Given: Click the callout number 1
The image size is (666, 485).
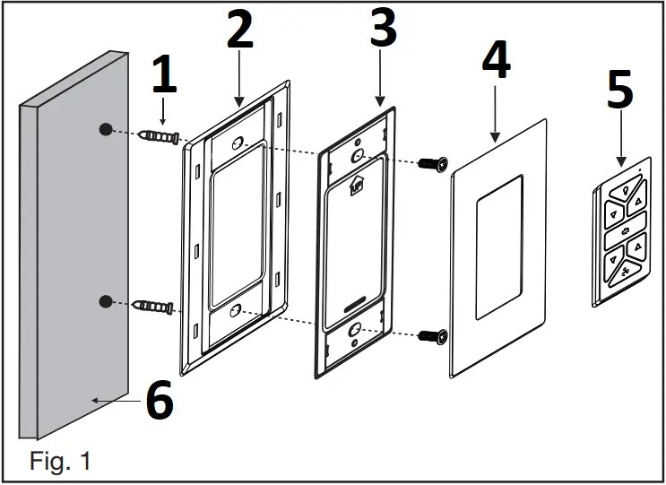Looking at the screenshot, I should (162, 77).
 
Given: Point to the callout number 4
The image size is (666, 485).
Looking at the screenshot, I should (496, 60).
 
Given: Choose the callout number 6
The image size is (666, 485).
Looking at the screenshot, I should (160, 402).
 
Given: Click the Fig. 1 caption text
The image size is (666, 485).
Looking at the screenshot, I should (60, 462).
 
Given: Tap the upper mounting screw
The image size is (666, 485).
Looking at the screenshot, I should (436, 165).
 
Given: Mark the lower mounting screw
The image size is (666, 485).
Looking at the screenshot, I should (436, 335).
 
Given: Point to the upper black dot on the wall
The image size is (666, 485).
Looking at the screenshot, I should (106, 129).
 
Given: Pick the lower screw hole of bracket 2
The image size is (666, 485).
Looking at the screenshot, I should (235, 311).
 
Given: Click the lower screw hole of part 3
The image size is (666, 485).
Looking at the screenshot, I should (356, 329).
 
